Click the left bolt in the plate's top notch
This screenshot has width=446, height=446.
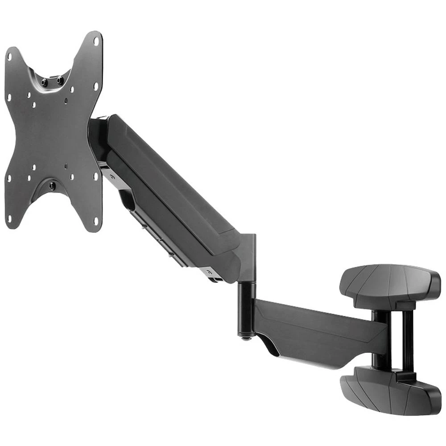tap(44, 83)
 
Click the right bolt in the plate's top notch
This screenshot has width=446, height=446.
tap(59, 81)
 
